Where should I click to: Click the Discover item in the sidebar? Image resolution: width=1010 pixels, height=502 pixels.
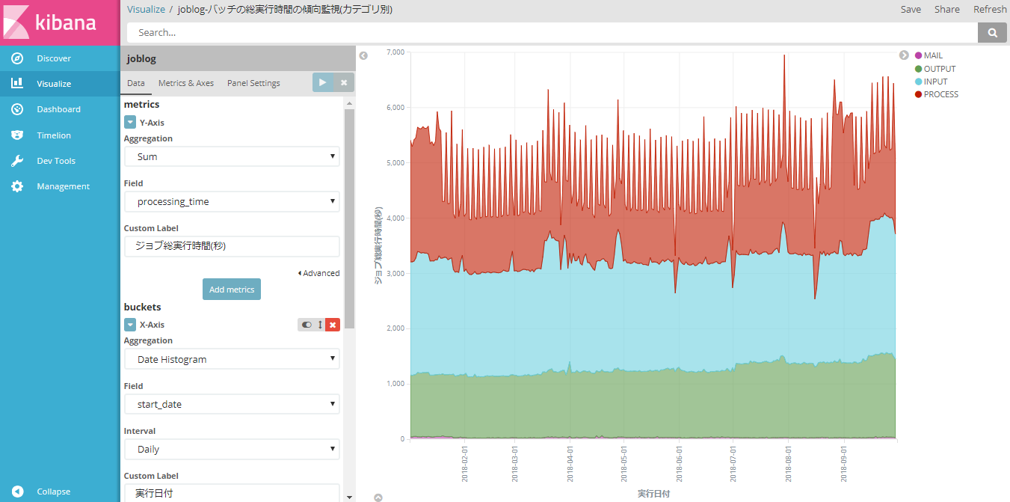coord(54,58)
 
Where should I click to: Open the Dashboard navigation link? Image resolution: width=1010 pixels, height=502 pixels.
coord(58,109)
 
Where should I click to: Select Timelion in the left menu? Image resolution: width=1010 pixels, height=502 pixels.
coord(54,135)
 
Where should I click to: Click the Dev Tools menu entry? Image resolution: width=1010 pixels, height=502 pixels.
coord(56,161)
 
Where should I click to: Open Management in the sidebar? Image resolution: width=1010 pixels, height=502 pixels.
coord(63,186)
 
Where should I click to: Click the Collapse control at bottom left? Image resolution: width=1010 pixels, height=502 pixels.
coord(53,492)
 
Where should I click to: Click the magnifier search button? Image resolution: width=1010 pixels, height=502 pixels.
coord(993,32)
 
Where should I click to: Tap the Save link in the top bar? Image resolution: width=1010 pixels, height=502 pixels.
coord(911,10)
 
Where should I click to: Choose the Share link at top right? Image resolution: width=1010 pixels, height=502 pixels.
coord(947,10)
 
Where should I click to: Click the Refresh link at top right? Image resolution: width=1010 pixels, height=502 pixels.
coord(990,10)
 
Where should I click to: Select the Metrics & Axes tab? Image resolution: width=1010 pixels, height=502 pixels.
coord(186,83)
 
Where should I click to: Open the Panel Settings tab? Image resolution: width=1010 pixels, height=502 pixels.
coord(253,83)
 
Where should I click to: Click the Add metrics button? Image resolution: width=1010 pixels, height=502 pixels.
coord(232,290)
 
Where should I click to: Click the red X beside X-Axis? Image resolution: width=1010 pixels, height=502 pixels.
coord(333,325)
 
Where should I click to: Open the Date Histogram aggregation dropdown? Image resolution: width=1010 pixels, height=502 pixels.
coord(232,359)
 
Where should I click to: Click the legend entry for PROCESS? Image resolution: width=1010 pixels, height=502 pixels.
coord(940,94)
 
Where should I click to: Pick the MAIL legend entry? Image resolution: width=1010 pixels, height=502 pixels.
coord(932,55)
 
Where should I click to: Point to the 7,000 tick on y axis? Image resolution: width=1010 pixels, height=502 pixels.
coord(394,52)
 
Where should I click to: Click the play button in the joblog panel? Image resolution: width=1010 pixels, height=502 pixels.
coord(322,82)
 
